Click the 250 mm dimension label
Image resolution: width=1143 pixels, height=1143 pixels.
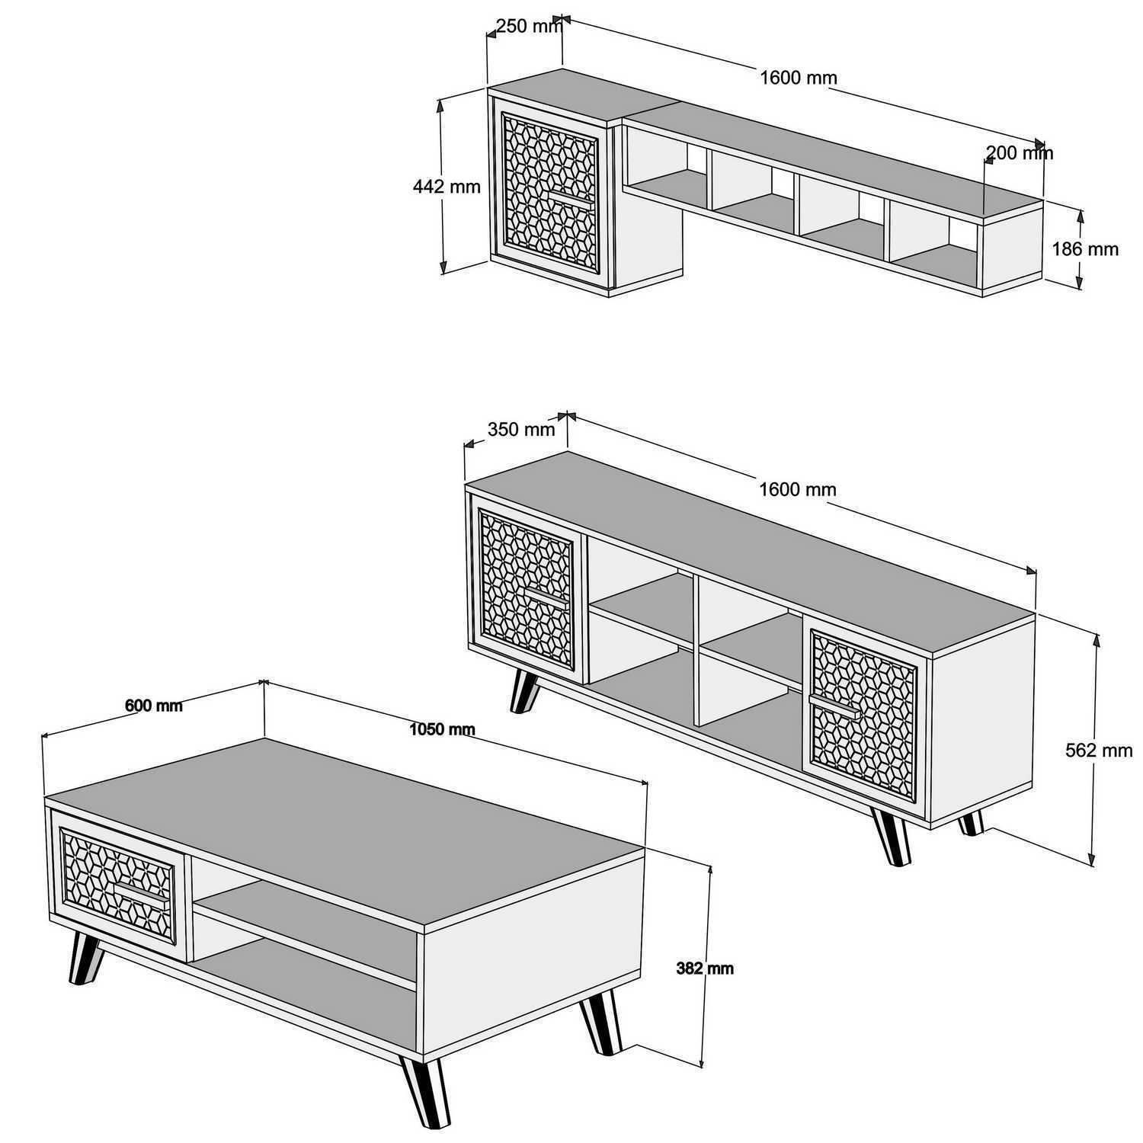click(528, 27)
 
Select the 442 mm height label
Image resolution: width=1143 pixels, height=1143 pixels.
click(447, 186)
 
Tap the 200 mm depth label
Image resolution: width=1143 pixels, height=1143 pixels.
click(1020, 153)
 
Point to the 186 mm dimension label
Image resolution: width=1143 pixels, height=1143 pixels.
click(1085, 248)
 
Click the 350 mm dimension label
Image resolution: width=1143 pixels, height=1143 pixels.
click(521, 429)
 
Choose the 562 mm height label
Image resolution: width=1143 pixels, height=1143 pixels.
click(1099, 751)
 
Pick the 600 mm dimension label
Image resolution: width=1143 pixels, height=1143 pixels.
click(154, 706)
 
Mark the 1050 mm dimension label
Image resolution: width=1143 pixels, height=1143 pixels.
click(442, 729)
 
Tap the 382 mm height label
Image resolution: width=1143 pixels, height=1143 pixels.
click(705, 969)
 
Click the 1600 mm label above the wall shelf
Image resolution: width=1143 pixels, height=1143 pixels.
click(799, 77)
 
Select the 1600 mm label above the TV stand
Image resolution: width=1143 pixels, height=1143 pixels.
click(798, 489)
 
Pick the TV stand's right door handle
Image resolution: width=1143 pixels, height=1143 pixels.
click(835, 706)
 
